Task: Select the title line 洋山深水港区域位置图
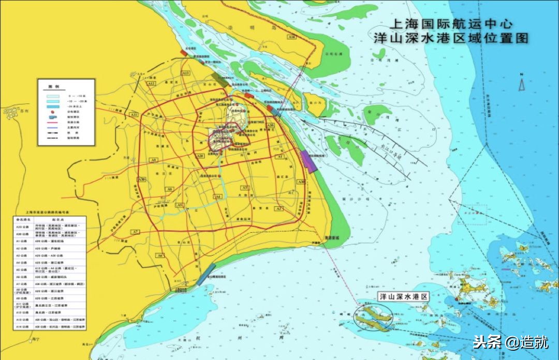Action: tap(454, 38)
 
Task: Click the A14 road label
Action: tap(292, 37)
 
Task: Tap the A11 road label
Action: tap(134, 114)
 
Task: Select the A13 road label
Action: tap(185, 74)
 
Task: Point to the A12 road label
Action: tap(151, 83)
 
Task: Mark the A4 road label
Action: tap(218, 197)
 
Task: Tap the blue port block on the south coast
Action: tap(205, 275)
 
